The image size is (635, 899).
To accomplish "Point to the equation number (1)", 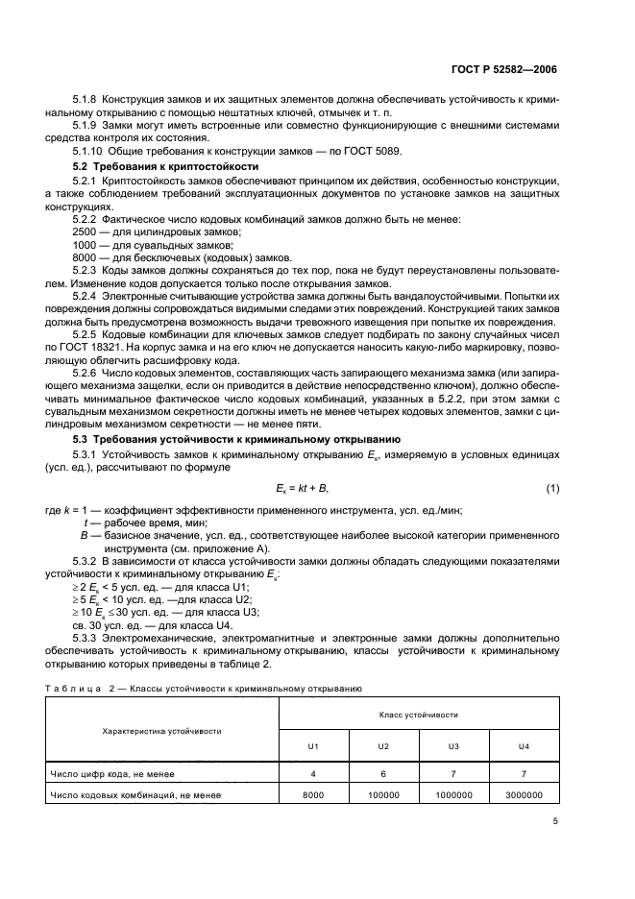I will (x=552, y=489).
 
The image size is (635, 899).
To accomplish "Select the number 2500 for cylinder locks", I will (x=85, y=233).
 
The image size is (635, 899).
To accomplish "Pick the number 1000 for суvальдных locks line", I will (x=85, y=246).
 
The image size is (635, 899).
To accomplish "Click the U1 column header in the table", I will (x=313, y=745).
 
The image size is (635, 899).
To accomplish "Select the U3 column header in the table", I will (x=453, y=745).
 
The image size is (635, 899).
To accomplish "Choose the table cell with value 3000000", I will (x=524, y=795).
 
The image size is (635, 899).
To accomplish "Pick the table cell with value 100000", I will (x=383, y=795).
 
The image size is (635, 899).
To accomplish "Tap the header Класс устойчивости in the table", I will (x=418, y=715).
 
